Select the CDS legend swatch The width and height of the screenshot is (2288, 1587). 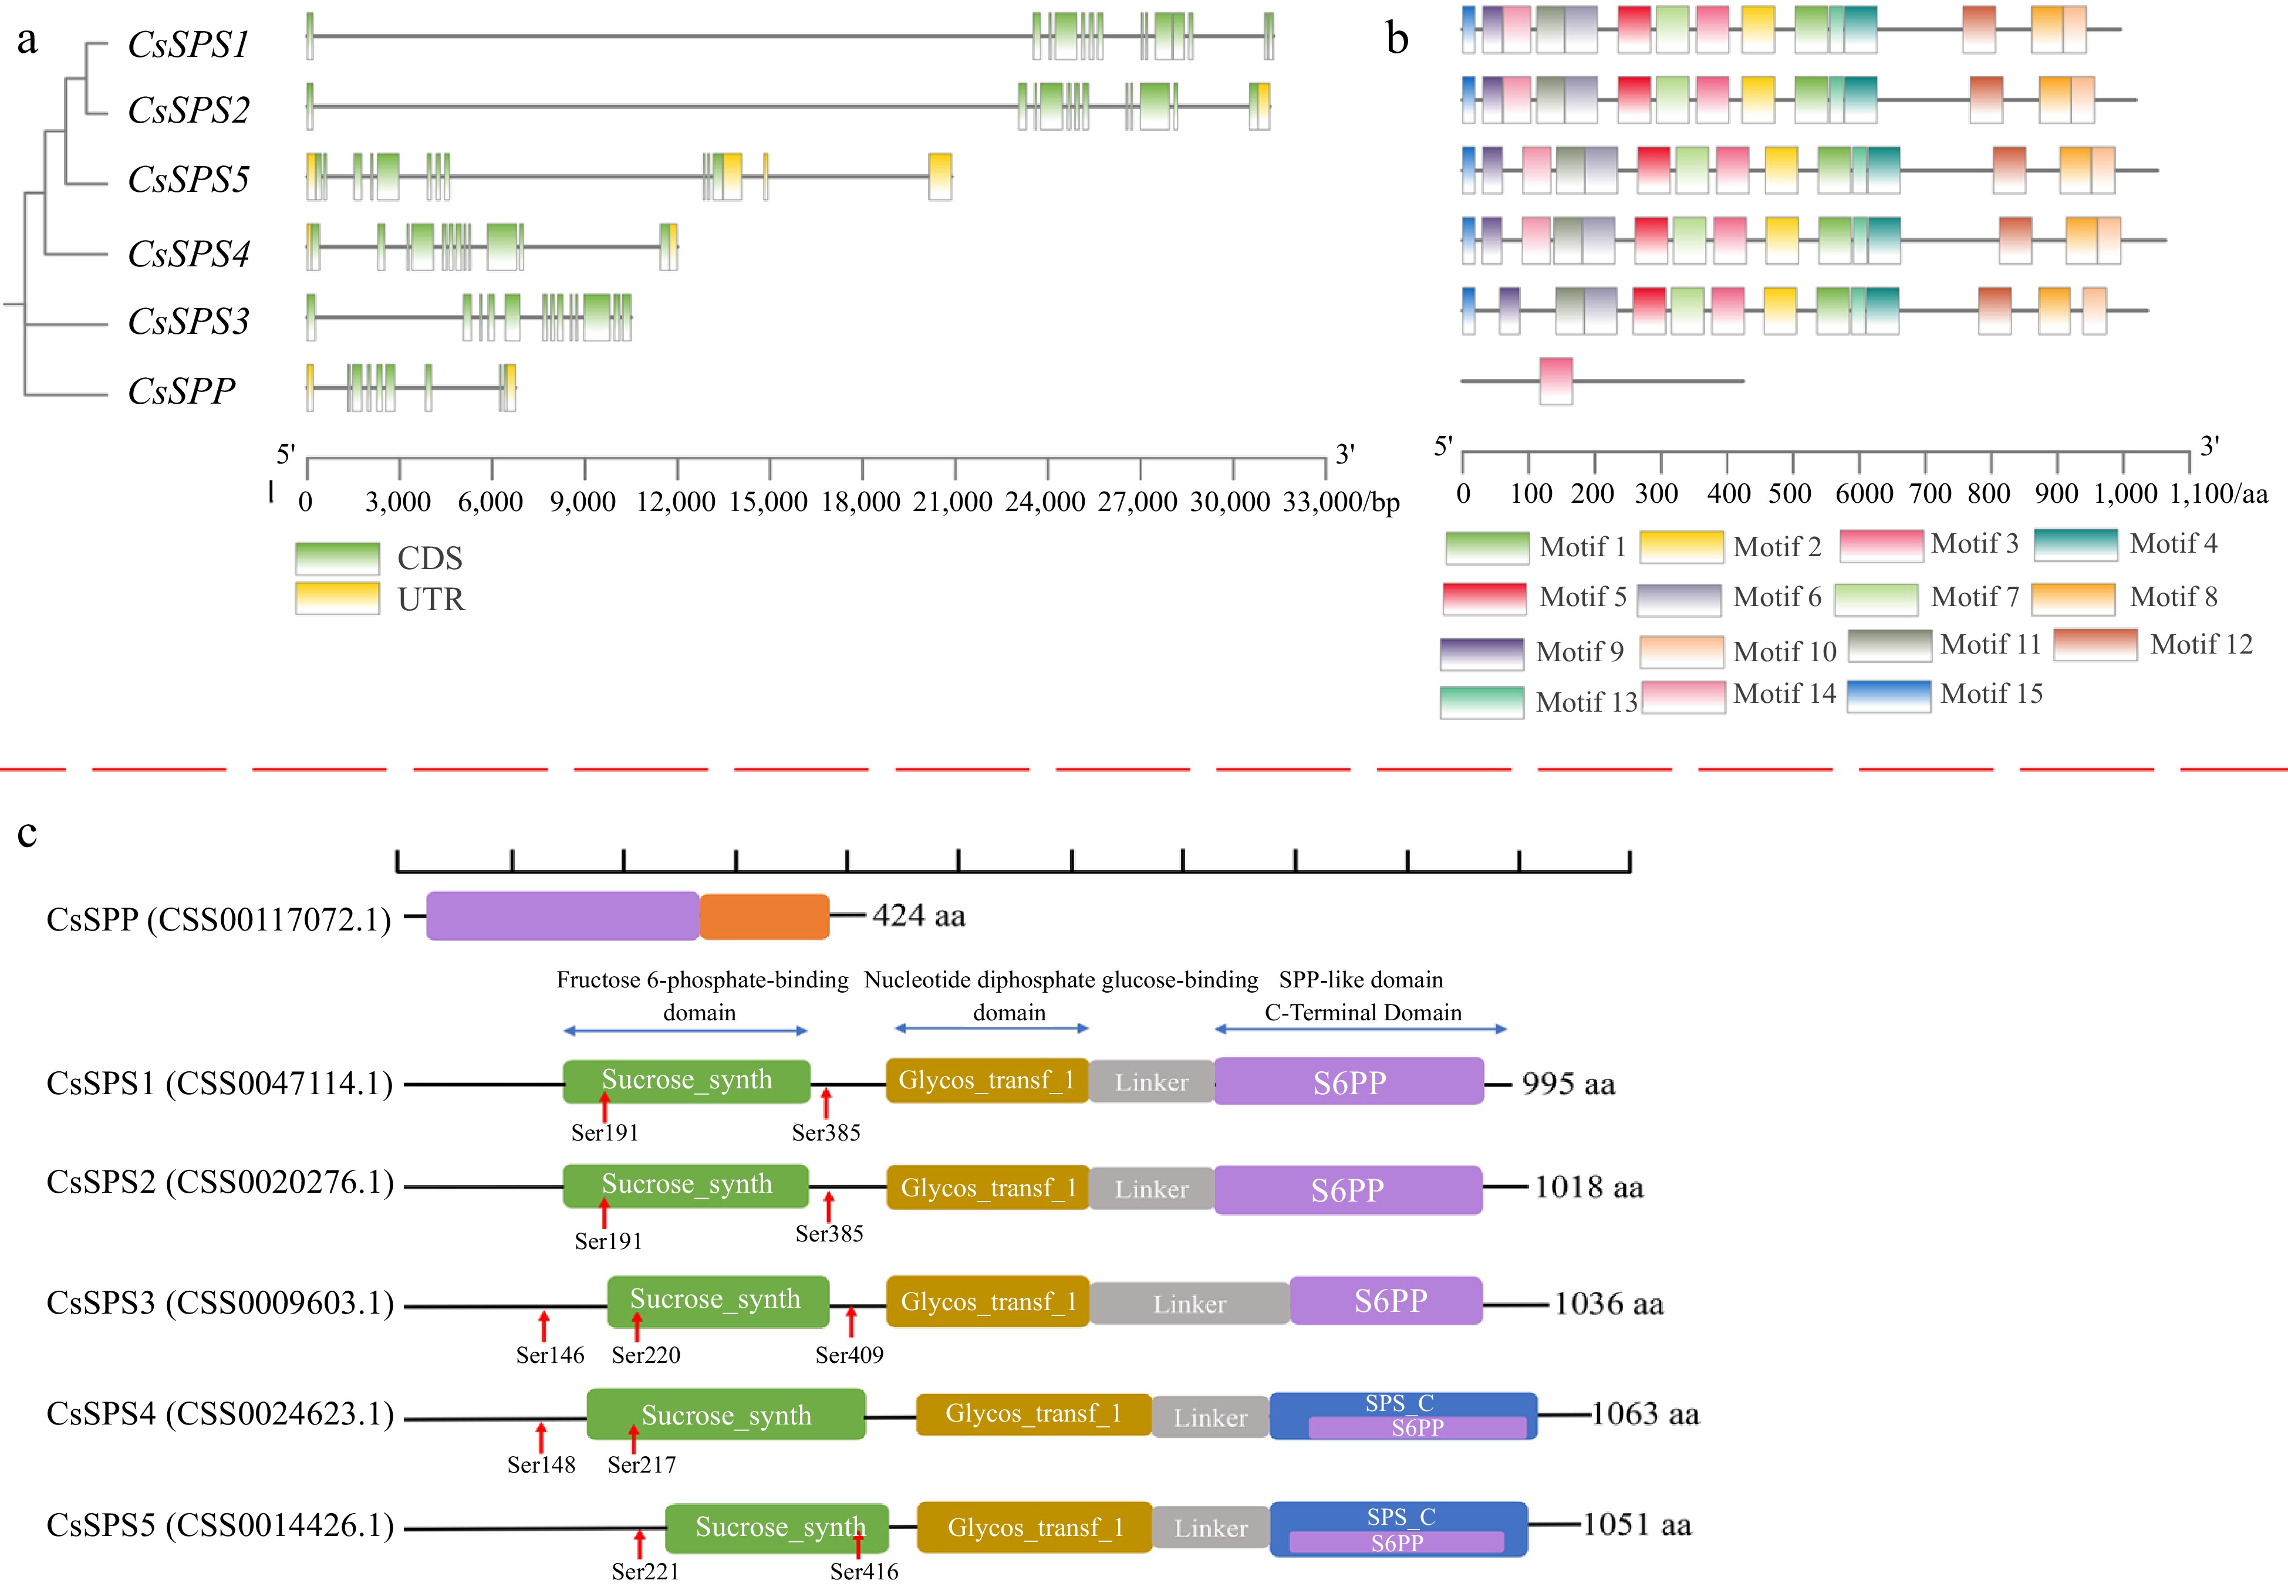point(338,558)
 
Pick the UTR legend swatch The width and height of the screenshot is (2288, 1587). point(338,598)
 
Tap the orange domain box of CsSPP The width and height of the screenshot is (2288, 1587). point(764,916)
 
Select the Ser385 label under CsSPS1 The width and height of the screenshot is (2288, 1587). point(826,1132)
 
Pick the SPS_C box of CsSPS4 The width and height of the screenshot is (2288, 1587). point(1401,1403)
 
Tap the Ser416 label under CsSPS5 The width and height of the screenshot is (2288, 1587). point(863,1571)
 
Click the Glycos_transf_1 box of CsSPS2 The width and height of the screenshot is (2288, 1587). point(988,1188)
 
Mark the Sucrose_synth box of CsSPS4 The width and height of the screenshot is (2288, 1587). point(726,1415)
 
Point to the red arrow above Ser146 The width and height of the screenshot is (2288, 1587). point(543,1325)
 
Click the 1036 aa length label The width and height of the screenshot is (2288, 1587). point(1608,1304)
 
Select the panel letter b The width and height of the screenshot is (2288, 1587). point(1396,40)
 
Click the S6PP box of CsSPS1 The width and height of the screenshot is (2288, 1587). point(1349,1082)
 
